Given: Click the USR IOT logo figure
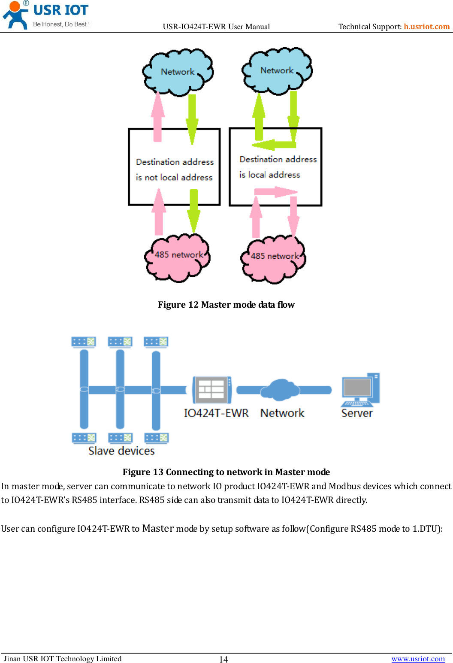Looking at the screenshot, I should click(x=15, y=15).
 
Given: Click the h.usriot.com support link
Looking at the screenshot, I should click(x=426, y=27).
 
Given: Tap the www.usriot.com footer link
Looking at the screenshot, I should click(x=418, y=659).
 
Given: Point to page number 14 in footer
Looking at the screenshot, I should click(x=223, y=660).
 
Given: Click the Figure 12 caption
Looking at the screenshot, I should click(x=226, y=305).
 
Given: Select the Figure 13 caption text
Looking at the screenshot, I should click(x=226, y=472).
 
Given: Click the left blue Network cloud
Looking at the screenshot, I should click(x=178, y=72).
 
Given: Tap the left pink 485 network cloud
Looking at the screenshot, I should click(x=178, y=257).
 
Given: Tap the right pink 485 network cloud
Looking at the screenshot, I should click(x=274, y=259).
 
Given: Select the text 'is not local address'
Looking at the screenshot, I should click(x=174, y=177).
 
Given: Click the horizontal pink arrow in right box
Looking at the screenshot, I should click(x=275, y=191).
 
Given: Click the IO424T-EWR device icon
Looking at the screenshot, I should click(x=212, y=390).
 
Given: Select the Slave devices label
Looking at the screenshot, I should click(x=121, y=451).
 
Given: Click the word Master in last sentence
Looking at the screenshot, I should click(x=158, y=528).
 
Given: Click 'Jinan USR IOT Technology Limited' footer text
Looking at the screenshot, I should click(x=63, y=659).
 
